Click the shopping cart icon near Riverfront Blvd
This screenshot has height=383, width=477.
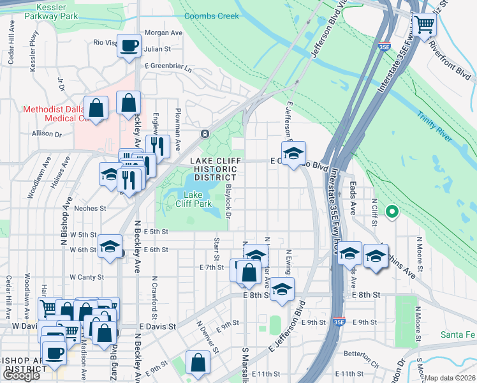tap(423, 26)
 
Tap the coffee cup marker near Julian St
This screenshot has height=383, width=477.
tap(129, 45)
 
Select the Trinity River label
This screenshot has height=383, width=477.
tap(434, 117)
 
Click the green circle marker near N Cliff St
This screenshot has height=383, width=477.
tap(392, 212)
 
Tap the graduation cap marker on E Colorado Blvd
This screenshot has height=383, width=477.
tap(293, 154)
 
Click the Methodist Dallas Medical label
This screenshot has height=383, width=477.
tap(54, 114)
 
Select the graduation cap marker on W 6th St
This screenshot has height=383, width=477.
tap(110, 246)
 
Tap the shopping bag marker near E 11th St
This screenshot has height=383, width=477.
tap(198, 362)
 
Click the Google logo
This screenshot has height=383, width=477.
tap(21, 375)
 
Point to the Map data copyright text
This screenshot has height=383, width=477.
tap(450, 378)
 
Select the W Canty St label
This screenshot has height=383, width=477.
tap(87, 277)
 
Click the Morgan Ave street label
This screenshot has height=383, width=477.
tap(164, 33)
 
